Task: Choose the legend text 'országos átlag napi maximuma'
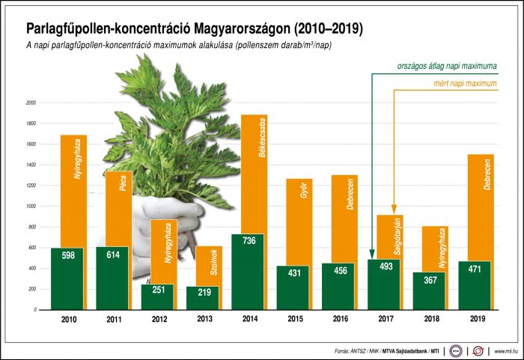click(447, 67)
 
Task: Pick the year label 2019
click(474, 319)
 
